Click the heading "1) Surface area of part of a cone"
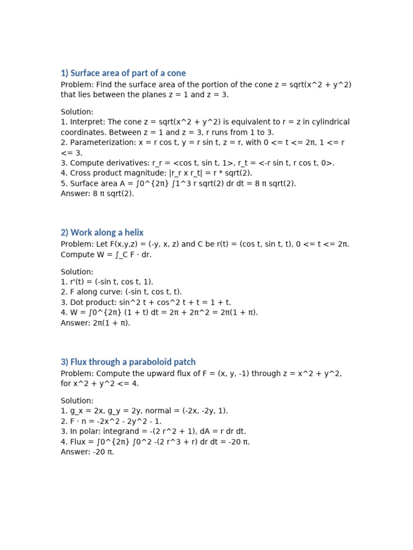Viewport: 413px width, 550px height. coord(123,73)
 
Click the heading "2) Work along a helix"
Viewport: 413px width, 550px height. coord(102,233)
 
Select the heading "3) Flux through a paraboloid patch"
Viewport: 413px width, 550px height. coord(128,362)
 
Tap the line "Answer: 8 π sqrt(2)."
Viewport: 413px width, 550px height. coord(97,193)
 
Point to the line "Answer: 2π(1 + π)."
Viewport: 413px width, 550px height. coord(96,323)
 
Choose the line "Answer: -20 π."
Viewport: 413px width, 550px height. coord(88,452)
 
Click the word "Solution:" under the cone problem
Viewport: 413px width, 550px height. coord(77,112)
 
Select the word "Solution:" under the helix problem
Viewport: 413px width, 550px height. coord(77,272)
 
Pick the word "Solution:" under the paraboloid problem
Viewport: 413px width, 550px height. coord(77,401)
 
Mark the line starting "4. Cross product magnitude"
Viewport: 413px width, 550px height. coord(156,173)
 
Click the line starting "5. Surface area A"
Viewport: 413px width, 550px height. coord(178,183)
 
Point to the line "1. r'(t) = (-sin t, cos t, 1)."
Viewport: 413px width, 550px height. coord(107,282)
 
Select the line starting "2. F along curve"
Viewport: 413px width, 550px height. coord(121,292)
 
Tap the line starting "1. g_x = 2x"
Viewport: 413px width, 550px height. coord(144,411)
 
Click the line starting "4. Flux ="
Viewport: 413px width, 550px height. coord(155,442)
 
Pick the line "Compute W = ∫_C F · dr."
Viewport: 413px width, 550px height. coord(106,255)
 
